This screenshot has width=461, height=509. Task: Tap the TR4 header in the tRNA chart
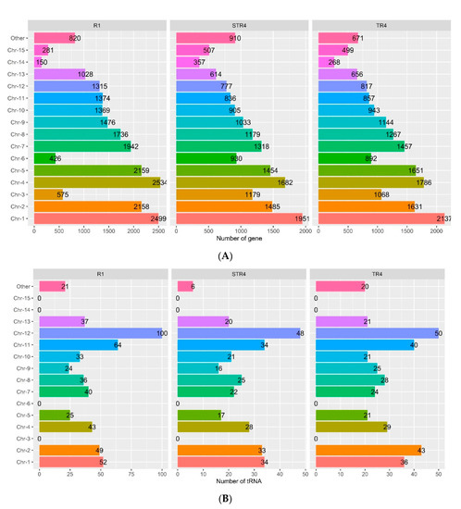point(383,274)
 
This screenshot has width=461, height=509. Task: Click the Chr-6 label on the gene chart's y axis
point(19,157)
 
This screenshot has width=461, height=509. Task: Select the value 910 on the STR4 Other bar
point(218,38)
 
